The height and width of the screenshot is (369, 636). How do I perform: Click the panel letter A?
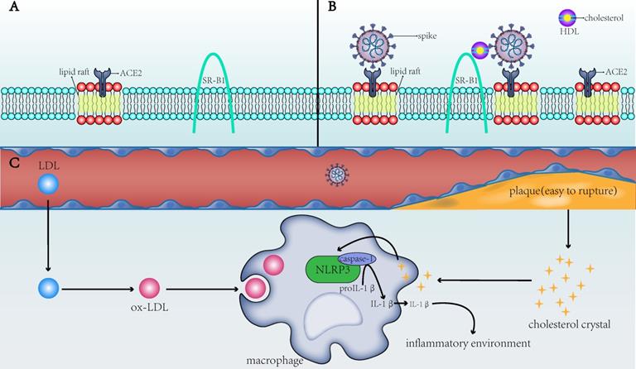coord(7,7)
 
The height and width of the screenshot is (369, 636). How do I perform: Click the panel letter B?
coord(333,7)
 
